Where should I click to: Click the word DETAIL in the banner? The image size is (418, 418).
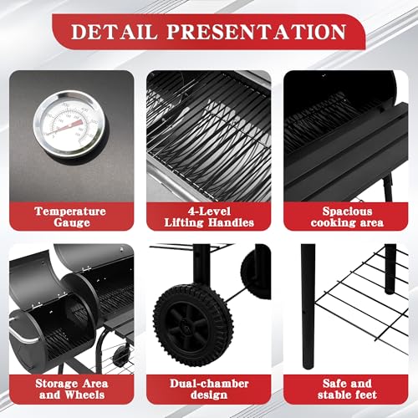115,32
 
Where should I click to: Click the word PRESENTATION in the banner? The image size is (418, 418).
257,32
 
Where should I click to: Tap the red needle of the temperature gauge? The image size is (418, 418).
64,128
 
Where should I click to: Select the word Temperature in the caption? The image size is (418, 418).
70,212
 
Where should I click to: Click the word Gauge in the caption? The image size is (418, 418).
72,222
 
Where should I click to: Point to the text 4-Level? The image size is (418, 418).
209,212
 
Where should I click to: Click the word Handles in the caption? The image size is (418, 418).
231,222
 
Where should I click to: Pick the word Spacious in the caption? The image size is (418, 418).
347,212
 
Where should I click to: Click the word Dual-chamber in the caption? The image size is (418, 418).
209,384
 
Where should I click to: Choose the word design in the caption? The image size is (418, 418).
209,395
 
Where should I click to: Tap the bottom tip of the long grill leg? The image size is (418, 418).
308,367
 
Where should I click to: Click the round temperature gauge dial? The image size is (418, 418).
69,123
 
